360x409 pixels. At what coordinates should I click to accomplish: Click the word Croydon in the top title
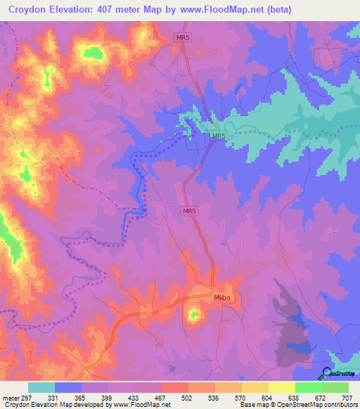[32, 10]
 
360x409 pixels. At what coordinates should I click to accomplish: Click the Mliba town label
[222, 298]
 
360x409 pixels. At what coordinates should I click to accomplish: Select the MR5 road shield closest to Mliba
[188, 210]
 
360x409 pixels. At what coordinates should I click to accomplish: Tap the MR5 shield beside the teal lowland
[219, 136]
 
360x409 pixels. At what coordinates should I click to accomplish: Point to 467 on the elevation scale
[161, 397]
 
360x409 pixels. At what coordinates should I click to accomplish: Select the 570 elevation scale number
[241, 397]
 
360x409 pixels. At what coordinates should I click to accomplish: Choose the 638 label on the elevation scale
[295, 397]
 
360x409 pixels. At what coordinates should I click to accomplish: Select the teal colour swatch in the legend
[41, 387]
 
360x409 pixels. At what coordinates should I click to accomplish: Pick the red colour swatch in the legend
[174, 387]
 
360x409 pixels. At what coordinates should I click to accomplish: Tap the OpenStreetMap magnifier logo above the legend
[326, 372]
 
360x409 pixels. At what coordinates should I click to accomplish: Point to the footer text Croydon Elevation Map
[35, 405]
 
